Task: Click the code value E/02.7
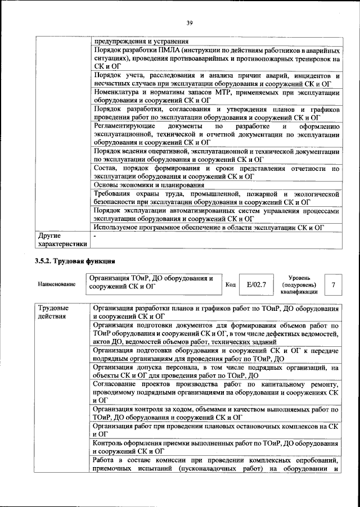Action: coord(256,285)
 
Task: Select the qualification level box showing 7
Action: coord(334,285)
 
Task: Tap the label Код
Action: coord(230,285)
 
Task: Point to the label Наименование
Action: coord(57,285)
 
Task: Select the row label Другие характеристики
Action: coord(61,240)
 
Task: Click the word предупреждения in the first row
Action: coord(121,42)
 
